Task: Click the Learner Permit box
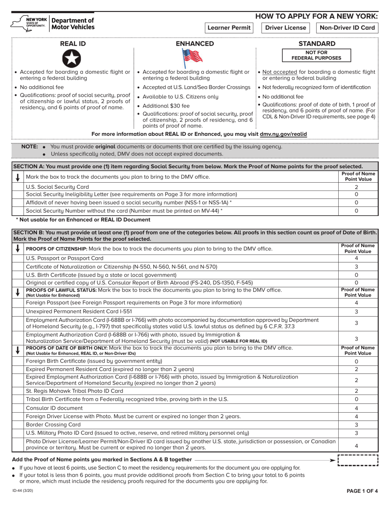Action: click(x=229, y=28)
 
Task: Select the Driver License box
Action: click(x=286, y=28)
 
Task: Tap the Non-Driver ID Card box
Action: click(x=347, y=28)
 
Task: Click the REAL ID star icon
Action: click(x=71, y=58)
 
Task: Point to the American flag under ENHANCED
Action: click(x=192, y=58)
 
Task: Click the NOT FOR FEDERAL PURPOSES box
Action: click(x=317, y=55)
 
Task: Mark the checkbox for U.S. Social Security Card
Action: click(x=18, y=186)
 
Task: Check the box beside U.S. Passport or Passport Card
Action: click(x=18, y=258)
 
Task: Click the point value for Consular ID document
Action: click(x=356, y=408)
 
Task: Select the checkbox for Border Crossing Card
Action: click(x=18, y=425)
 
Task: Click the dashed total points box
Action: click(x=357, y=460)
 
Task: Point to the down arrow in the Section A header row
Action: click(x=18, y=177)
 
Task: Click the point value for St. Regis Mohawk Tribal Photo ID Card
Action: click(x=356, y=391)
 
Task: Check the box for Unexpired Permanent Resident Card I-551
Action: click(x=18, y=312)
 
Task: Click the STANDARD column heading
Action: click(x=317, y=44)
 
